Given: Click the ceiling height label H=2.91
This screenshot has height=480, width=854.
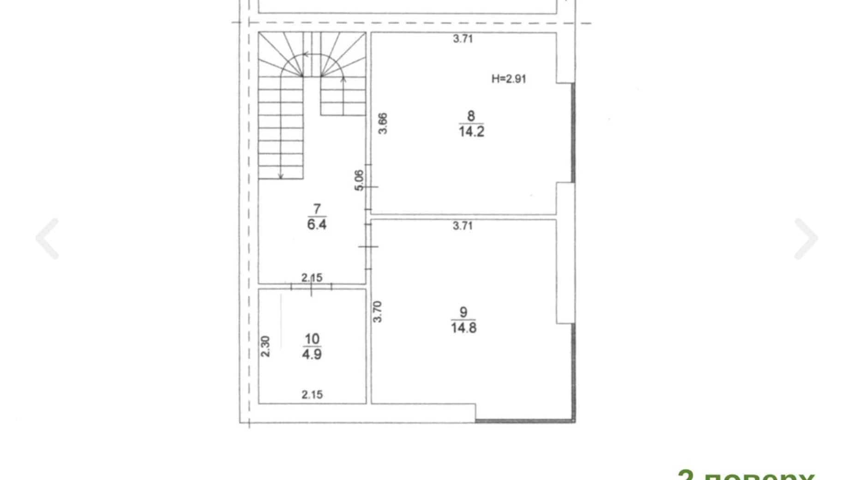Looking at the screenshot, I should (x=508, y=79).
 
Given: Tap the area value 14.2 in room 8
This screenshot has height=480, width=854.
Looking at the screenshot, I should (x=471, y=132).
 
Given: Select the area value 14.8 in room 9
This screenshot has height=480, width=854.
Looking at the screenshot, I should (x=463, y=328).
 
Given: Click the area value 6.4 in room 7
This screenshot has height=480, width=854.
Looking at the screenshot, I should (x=317, y=225).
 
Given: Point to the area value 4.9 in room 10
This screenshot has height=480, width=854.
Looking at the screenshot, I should (x=312, y=354).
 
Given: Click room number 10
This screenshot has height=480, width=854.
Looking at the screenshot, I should (x=312, y=339).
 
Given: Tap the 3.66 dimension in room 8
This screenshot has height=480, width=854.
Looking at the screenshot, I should (x=383, y=124).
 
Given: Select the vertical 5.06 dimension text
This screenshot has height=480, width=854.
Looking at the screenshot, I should (x=359, y=180).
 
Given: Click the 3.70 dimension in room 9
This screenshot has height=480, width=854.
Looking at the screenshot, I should (x=377, y=312).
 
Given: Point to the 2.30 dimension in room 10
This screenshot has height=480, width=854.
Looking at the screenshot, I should (x=265, y=346).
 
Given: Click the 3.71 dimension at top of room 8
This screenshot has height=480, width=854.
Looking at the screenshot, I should (x=463, y=39).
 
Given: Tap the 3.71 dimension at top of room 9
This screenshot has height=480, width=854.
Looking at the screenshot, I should (x=462, y=226).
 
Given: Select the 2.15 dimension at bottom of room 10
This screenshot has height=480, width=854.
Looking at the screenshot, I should (x=312, y=395).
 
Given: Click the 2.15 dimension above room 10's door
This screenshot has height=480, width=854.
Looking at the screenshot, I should (x=312, y=278).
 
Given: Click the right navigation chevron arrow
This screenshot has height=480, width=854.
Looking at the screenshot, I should (x=806, y=239).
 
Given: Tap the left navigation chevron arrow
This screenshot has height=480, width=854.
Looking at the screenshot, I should (x=48, y=239).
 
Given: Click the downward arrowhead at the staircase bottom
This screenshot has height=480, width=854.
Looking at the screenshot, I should (x=281, y=176).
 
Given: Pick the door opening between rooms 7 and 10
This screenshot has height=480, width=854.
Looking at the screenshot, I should (x=312, y=287).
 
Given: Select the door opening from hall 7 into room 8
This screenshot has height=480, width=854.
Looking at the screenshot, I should (x=368, y=187).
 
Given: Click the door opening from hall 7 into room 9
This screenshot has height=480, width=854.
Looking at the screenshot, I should (x=368, y=246).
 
